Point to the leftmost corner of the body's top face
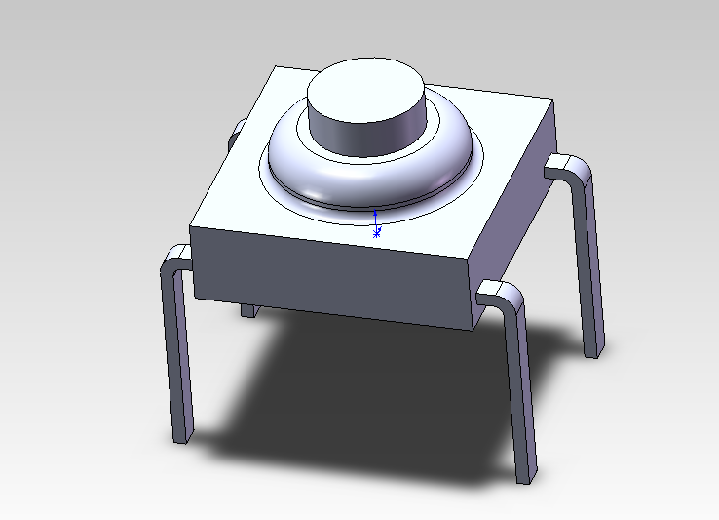click(191, 227)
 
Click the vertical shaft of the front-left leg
click(177, 351)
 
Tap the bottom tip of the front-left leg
click(182, 438)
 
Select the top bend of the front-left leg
click(175, 259)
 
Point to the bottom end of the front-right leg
click(525, 478)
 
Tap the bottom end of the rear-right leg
click(592, 351)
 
